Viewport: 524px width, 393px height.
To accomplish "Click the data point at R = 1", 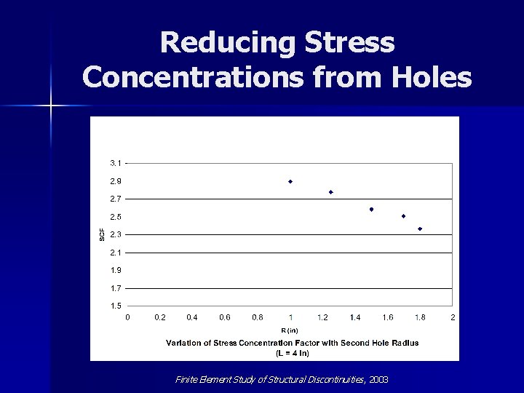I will pyautogui.click(x=290, y=181).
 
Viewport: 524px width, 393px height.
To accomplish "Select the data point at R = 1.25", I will pyautogui.click(x=331, y=192).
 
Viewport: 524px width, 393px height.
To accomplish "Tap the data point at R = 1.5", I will pyautogui.click(x=371, y=210).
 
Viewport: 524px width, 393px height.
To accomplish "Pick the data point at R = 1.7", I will pyautogui.click(x=403, y=216).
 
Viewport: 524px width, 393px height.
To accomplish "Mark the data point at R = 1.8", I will pyautogui.click(x=420, y=229).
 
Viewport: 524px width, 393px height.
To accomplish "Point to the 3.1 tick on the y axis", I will pyautogui.click(x=116, y=162).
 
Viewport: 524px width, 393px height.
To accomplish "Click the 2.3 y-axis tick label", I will pyautogui.click(x=116, y=234).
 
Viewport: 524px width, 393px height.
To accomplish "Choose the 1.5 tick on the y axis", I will pyautogui.click(x=116, y=306).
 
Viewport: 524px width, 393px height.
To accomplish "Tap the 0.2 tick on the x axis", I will pyautogui.click(x=160, y=317).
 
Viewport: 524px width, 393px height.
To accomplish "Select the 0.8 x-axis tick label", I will pyautogui.click(x=258, y=317).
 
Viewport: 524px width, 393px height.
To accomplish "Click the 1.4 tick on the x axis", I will pyautogui.click(x=355, y=317).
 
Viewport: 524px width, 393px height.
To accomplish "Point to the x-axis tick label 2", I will pyautogui.click(x=453, y=317).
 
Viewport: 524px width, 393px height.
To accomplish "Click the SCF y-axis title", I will pyautogui.click(x=102, y=234).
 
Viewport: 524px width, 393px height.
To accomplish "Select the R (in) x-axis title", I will pyautogui.click(x=290, y=330).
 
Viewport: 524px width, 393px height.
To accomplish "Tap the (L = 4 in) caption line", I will pyautogui.click(x=292, y=353).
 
